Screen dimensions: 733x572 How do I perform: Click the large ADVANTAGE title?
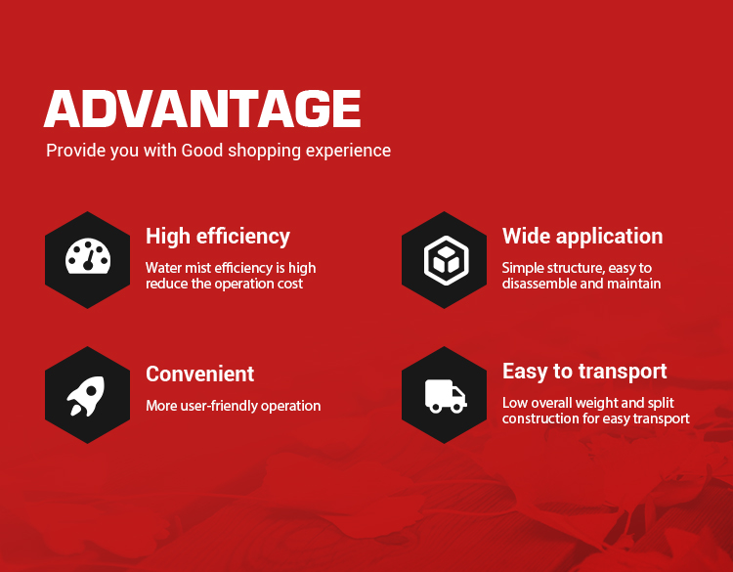202,109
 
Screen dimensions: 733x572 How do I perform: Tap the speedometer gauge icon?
88,256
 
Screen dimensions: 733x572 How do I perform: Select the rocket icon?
86,396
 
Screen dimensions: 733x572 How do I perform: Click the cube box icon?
446,260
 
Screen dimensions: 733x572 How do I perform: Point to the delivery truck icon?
446,396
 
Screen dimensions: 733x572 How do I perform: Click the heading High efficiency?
218,237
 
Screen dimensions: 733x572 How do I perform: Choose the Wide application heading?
582,237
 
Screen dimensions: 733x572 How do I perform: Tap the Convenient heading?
200,374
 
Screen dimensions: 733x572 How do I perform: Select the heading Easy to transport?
584,372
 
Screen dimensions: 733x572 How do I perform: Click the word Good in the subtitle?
202,151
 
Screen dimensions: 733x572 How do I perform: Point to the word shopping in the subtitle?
264,152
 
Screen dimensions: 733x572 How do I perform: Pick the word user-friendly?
220,406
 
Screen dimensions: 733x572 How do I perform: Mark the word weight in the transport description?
596,404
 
